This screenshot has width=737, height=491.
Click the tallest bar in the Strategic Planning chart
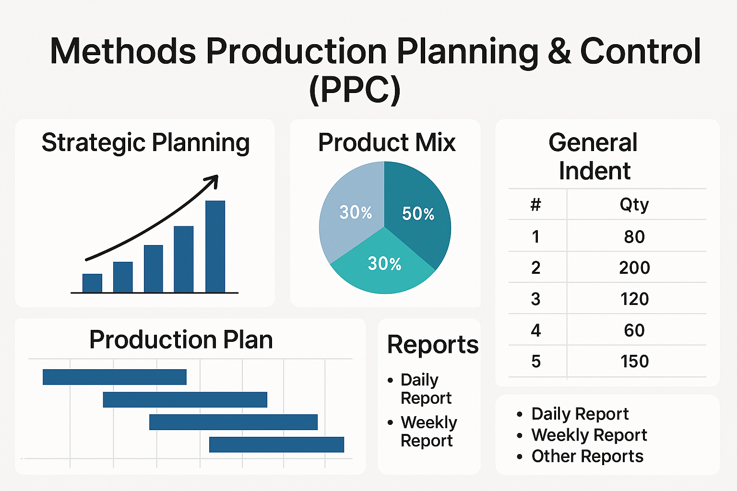tap(215, 246)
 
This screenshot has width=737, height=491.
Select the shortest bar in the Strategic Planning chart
tap(92, 283)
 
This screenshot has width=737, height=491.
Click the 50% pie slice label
tap(418, 214)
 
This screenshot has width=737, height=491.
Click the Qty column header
tap(634, 205)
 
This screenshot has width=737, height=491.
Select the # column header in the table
tap(535, 205)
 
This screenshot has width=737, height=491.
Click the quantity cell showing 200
tap(634, 268)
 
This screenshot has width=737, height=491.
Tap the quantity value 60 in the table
tap(634, 330)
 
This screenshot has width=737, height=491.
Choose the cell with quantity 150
tap(634, 362)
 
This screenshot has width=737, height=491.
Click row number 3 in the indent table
tap(535, 299)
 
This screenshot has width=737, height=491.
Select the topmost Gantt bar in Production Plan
tap(114, 377)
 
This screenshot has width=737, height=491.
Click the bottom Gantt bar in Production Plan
tap(276, 444)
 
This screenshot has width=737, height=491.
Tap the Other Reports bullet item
tap(587, 456)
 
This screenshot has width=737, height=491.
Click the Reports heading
tap(432, 344)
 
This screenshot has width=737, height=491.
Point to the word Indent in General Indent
tap(594, 171)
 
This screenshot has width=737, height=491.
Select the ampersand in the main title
tap(559, 52)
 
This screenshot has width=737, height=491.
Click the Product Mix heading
tap(386, 142)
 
